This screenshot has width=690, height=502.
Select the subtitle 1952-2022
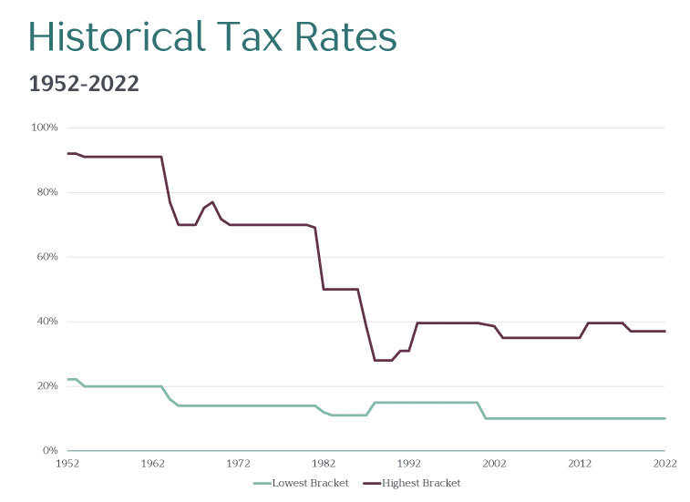84,84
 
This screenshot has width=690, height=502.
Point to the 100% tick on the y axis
45,128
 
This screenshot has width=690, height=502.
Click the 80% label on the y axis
46,192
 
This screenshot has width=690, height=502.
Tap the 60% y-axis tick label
46,257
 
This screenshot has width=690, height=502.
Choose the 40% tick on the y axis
46,322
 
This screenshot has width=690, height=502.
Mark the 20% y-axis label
46,386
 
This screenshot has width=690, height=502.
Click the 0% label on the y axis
50,451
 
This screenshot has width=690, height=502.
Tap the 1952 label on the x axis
67,464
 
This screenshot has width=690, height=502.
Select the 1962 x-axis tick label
153,464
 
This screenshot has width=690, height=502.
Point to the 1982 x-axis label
324,464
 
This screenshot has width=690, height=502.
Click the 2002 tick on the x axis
494,464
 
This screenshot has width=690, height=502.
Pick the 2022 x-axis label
664,464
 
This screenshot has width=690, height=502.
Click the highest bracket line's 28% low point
383,360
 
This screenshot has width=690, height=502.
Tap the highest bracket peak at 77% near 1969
212,202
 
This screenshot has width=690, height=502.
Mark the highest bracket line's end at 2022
664,331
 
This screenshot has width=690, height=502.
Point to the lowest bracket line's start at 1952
68,379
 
